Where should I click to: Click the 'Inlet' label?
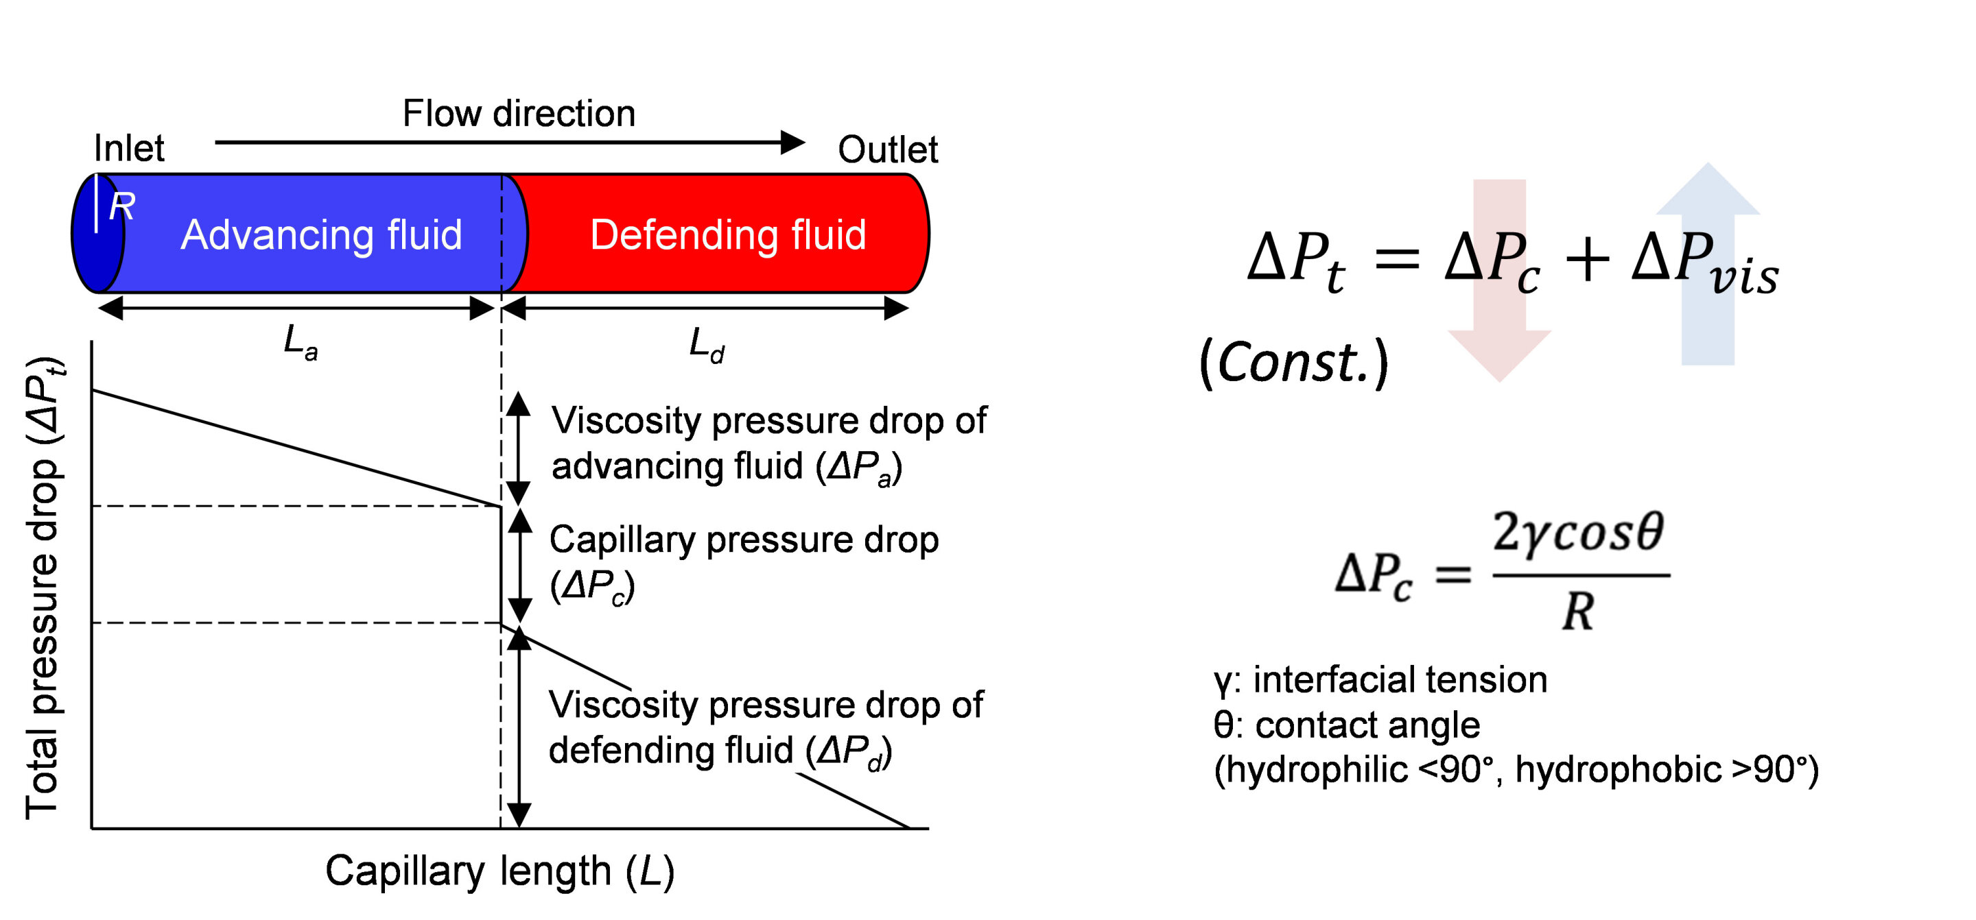pos(129,148)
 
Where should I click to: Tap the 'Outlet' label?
pos(888,149)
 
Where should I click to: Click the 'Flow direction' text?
pos(519,114)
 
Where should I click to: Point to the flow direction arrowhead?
pos(792,143)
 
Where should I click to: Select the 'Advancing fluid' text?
pos(321,234)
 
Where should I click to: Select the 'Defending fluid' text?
pos(728,234)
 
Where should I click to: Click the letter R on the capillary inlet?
pos(122,207)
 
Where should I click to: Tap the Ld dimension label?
pos(706,345)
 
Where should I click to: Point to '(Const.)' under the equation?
pos(1293,362)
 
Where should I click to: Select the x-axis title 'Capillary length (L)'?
pos(499,872)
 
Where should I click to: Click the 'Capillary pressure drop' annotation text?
pos(743,540)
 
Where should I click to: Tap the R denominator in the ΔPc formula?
pos(1577,613)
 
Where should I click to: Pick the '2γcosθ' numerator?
pos(1578,533)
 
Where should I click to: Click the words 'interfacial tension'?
pos(1400,680)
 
